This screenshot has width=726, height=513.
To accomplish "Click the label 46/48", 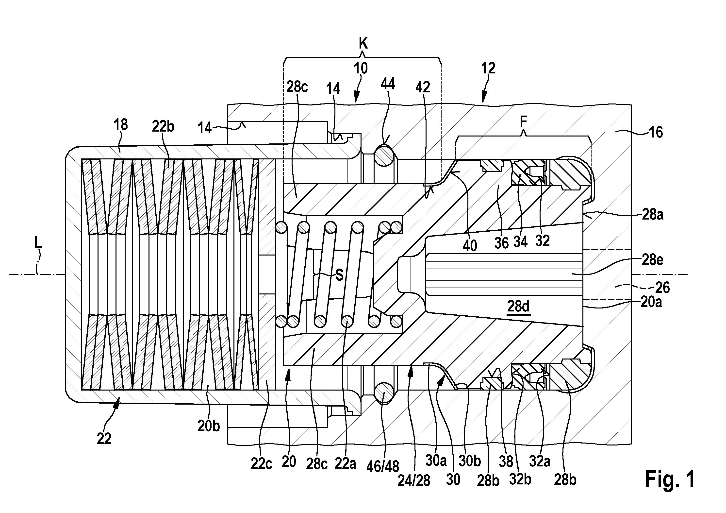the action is [383, 466].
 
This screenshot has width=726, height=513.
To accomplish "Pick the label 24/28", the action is [413, 481].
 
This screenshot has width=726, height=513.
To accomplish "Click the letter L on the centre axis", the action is [38, 243].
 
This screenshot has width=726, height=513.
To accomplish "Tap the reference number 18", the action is [120, 125].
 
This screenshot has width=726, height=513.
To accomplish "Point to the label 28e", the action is [652, 260].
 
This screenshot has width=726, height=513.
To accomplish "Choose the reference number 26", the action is [662, 288].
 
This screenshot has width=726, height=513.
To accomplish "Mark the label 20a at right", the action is [651, 303].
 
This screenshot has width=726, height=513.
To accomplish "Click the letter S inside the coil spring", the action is [339, 275].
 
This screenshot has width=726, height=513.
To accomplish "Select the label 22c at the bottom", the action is [262, 464].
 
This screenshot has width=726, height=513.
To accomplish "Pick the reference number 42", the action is [423, 87].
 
